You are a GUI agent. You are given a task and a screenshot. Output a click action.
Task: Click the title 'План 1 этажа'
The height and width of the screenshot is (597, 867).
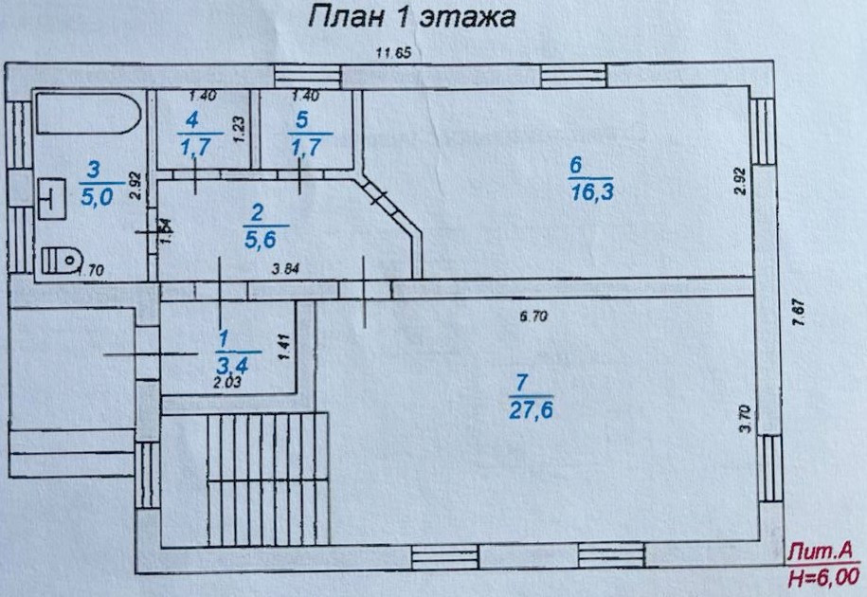411,17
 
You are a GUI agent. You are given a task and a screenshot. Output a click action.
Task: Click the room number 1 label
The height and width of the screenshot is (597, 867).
224,337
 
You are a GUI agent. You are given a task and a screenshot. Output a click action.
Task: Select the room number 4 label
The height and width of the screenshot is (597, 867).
192,120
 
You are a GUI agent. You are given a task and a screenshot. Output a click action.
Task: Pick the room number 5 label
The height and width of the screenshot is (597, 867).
302,120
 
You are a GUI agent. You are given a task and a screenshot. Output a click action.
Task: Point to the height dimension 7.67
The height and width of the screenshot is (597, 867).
798,312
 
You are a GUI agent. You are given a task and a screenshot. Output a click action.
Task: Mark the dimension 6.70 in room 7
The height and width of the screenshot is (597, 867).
533,317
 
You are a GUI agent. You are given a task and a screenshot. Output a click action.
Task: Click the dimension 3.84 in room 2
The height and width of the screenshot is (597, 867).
285,268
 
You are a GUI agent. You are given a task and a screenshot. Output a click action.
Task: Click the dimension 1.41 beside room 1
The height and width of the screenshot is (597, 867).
283,343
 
